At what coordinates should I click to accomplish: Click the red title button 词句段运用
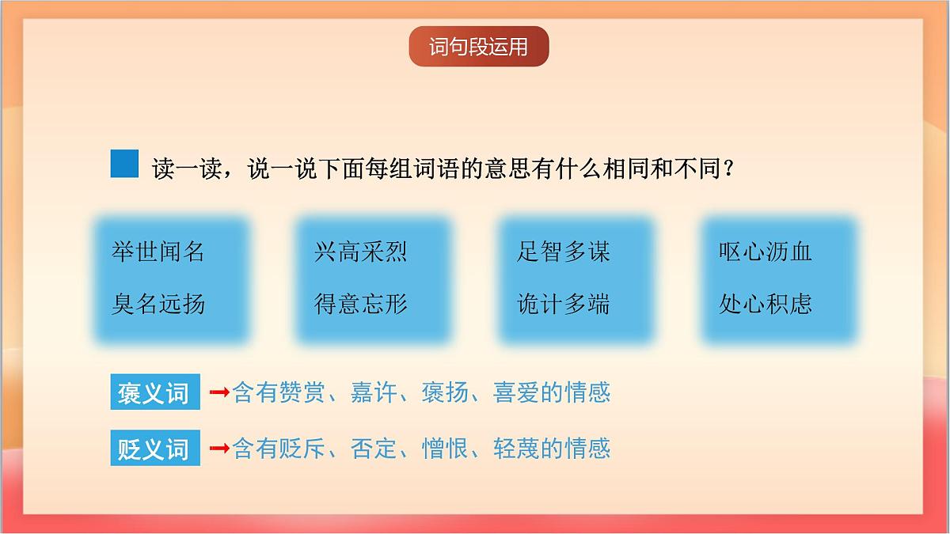(478, 47)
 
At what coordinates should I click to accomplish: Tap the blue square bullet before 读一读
(124, 164)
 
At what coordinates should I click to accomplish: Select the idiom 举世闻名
(158, 252)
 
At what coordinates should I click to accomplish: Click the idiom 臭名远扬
(158, 304)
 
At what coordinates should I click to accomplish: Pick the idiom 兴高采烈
(361, 252)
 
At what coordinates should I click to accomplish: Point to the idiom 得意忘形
(361, 304)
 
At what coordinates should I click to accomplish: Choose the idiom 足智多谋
(563, 252)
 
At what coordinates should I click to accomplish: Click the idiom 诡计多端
(563, 304)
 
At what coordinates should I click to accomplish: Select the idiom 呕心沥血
(766, 252)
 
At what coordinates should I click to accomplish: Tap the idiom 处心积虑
(766, 304)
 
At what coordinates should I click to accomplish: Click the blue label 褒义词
(154, 393)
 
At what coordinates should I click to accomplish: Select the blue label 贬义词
(154, 449)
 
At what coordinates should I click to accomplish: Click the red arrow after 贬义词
(219, 449)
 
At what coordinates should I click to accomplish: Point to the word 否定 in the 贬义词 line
(374, 449)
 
